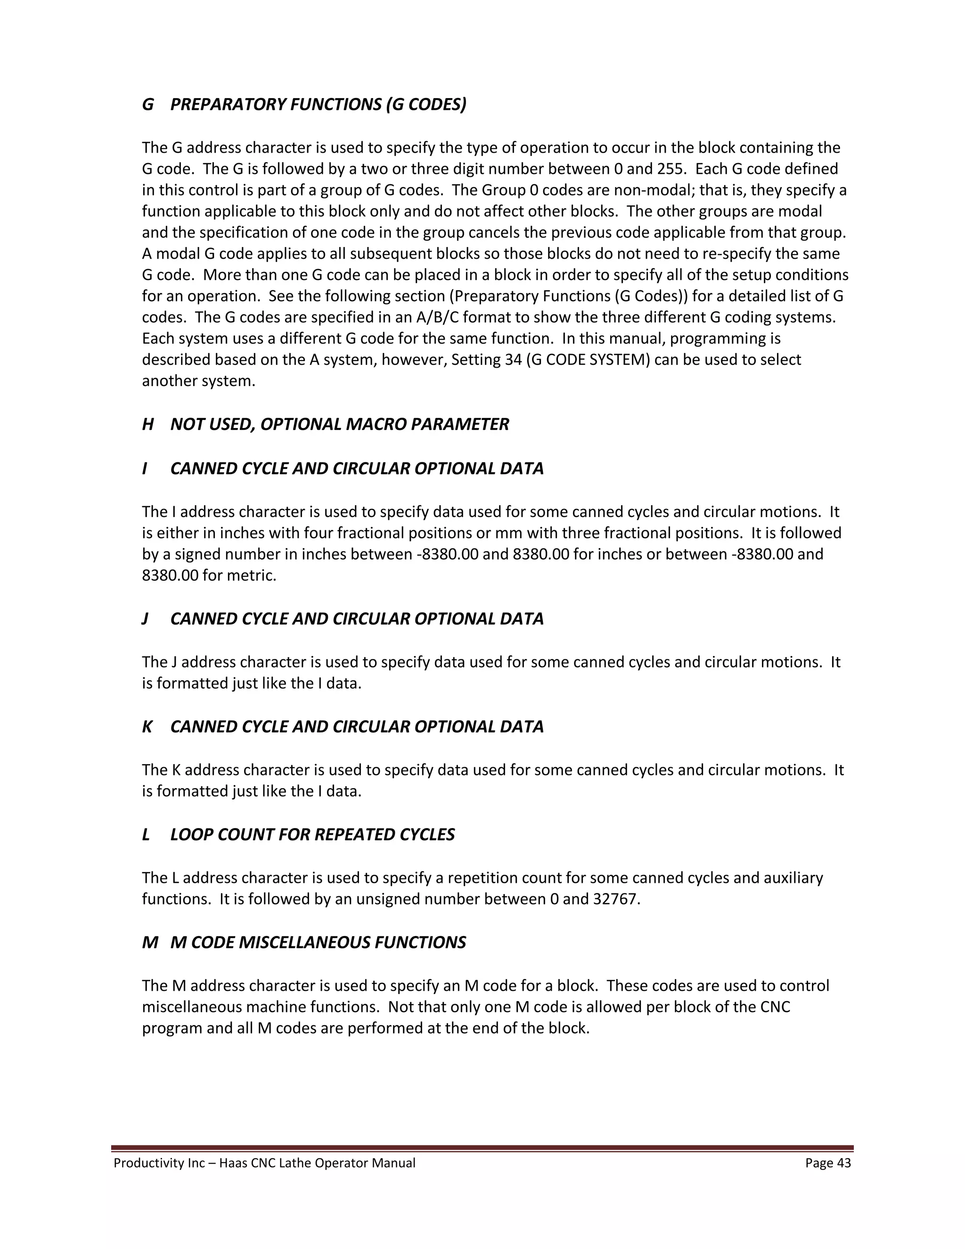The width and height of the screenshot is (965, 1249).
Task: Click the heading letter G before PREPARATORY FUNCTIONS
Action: [x=147, y=105]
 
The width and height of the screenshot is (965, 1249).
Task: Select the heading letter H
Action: [x=147, y=424]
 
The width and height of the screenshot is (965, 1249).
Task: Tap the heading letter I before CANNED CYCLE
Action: [x=145, y=468]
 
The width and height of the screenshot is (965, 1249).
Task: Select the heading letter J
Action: [x=145, y=619]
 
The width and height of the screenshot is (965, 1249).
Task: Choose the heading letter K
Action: [x=147, y=727]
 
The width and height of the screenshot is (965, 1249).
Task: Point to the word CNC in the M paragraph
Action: [x=775, y=1007]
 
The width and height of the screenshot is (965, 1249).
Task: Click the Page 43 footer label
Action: [x=828, y=1163]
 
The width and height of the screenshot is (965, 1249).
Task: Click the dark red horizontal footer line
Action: [x=482, y=1148]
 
